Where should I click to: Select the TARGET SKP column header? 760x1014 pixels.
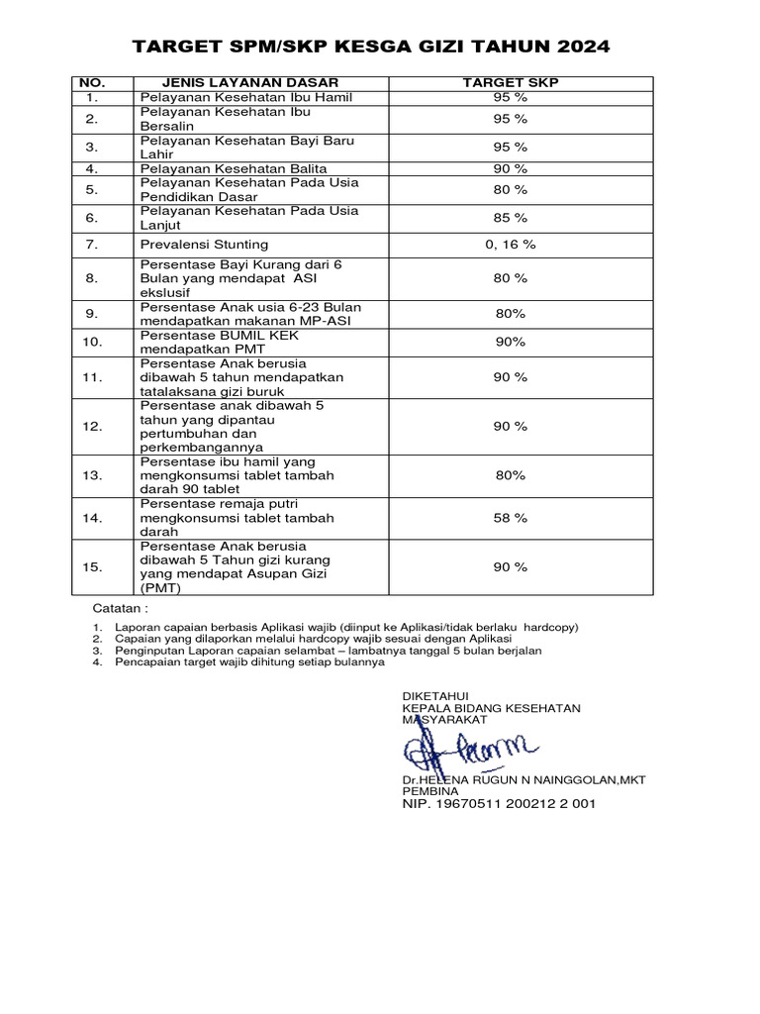[x=510, y=83]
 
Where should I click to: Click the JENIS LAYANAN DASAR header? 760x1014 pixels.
[x=236, y=83]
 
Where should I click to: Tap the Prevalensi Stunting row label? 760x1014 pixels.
[x=204, y=244]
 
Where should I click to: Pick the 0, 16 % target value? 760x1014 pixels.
[x=511, y=244]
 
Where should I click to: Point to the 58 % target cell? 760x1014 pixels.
[x=511, y=518]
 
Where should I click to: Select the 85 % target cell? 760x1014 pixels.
[x=511, y=218]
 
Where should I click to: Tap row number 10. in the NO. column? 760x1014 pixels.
[x=93, y=342]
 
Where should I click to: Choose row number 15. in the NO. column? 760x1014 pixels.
[x=93, y=567]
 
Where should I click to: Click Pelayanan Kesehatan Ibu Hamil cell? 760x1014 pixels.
[x=245, y=98]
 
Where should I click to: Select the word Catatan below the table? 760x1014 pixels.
[x=120, y=607]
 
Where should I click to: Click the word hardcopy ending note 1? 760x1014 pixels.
[x=551, y=628]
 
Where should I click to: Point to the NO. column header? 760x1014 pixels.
[x=92, y=83]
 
